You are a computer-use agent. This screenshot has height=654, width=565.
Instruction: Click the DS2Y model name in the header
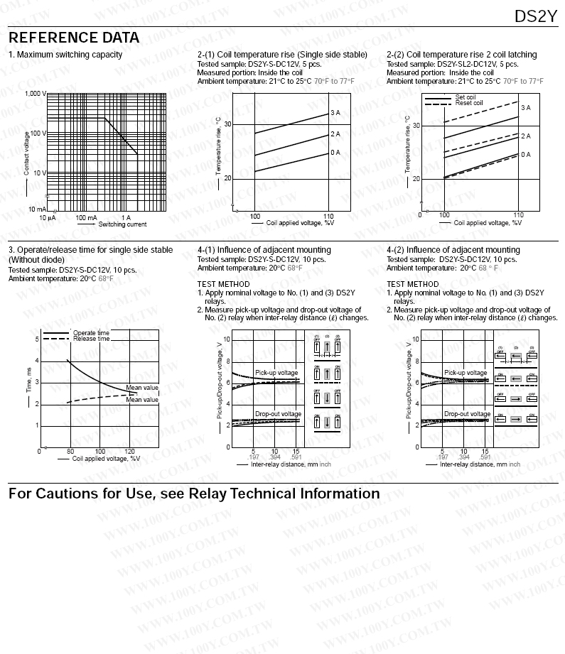click(x=536, y=16)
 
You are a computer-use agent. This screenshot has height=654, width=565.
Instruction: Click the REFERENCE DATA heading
click(x=74, y=38)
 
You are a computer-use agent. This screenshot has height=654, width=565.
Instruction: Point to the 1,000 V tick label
click(x=35, y=94)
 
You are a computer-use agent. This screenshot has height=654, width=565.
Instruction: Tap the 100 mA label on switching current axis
click(x=86, y=217)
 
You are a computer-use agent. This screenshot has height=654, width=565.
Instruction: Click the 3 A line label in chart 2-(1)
click(x=335, y=113)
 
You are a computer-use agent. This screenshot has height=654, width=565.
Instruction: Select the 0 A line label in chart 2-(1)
click(x=335, y=153)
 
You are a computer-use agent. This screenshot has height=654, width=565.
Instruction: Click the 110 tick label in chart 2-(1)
click(x=328, y=216)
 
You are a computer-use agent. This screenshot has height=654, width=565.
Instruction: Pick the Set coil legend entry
click(x=466, y=97)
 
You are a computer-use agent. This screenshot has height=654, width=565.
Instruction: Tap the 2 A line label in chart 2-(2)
click(x=525, y=136)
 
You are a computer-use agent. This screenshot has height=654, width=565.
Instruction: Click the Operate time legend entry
click(x=91, y=332)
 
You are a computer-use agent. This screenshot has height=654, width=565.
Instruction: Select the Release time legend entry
click(x=91, y=339)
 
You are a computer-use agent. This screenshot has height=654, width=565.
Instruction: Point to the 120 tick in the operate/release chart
click(x=129, y=452)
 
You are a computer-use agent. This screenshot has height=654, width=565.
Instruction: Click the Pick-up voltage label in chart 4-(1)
click(x=276, y=373)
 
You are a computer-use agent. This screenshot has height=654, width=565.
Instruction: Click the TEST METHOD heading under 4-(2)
click(x=413, y=284)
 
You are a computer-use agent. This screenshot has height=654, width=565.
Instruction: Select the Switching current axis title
click(x=122, y=224)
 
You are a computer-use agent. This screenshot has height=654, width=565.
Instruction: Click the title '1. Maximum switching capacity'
click(x=65, y=55)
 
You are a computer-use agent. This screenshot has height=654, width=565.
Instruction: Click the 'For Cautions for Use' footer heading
click(x=194, y=494)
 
